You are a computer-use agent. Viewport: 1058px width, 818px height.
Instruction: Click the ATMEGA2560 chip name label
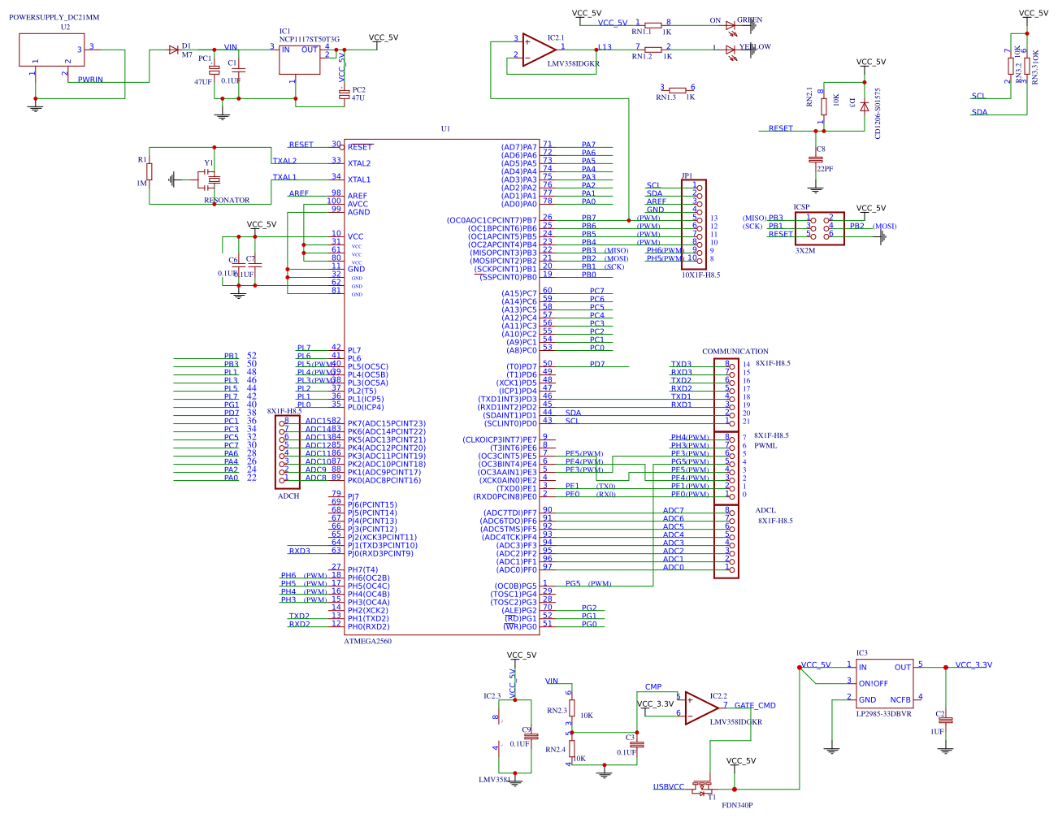(367, 641)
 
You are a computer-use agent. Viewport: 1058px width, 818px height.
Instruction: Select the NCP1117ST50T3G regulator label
(310, 39)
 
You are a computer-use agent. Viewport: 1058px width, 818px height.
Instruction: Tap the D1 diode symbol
(173, 50)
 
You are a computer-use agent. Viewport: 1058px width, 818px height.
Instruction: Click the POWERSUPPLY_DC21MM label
(54, 17)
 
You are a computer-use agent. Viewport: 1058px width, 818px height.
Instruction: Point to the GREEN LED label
(749, 20)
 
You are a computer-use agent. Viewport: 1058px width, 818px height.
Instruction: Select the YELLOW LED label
(755, 47)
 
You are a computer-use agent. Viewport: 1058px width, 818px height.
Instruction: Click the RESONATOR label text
(227, 200)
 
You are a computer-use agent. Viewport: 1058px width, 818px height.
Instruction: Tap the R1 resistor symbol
(150, 171)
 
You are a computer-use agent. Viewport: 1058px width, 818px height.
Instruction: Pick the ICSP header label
(801, 207)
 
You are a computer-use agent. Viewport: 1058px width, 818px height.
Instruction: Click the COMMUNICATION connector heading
(735, 352)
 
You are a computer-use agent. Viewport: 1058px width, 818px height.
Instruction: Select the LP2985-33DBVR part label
(883, 714)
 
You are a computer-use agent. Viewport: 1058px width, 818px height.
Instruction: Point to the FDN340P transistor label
(737, 805)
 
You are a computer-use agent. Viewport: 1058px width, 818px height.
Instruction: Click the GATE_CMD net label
(755, 706)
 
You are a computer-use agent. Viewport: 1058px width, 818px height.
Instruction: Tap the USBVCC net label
(669, 787)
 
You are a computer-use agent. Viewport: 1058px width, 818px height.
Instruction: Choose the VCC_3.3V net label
(973, 665)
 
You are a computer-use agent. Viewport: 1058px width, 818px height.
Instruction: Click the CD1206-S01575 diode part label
(878, 114)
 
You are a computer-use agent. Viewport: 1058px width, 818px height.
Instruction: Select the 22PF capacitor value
(825, 169)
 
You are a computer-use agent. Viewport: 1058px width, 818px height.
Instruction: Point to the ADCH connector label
(288, 496)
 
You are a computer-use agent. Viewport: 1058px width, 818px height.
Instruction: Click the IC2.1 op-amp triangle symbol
(537, 50)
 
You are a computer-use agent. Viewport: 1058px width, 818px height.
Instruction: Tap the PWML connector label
(765, 445)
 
